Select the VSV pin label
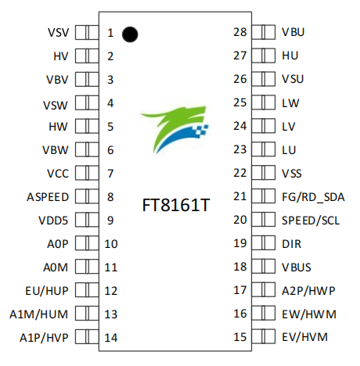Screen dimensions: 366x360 coord(58,33)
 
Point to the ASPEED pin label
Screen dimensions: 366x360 coord(47,197)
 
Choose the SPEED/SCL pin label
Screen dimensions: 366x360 coord(308,221)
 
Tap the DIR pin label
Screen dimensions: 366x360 coord(291,244)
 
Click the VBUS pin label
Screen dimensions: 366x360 coord(297,267)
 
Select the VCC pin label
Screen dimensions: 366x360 coord(58,174)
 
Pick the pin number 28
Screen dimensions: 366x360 coord(240,33)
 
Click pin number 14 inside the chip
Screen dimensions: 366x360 coord(111,338)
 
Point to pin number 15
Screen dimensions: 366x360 coord(240,338)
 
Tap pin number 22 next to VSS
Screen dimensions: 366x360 coord(240,174)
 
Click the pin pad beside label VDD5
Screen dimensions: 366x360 coord(87,221)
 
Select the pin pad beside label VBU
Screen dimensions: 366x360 coord(265,33)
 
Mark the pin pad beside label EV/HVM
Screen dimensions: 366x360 coord(265,338)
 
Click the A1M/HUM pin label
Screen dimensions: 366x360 coord(44,314)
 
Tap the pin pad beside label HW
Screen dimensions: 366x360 coord(87,127)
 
